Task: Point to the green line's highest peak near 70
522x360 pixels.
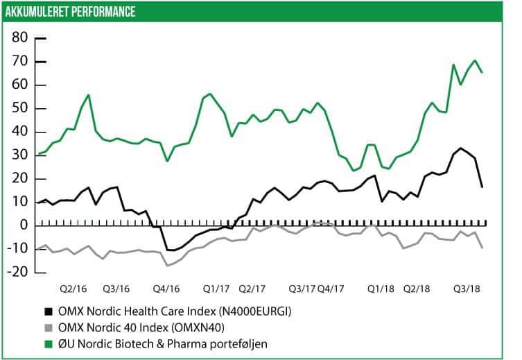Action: [475, 60]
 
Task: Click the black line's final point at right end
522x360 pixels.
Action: [482, 187]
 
